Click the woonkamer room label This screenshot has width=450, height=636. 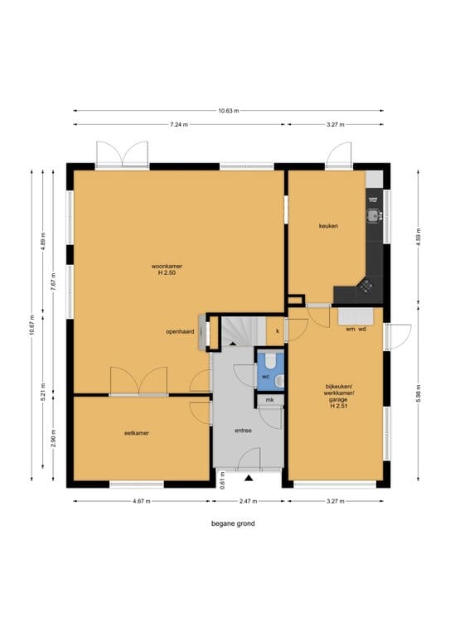pyautogui.click(x=167, y=267)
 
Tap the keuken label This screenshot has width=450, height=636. pyautogui.click(x=328, y=226)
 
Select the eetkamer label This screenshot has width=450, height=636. pyautogui.click(x=137, y=433)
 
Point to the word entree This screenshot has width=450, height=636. pyautogui.click(x=244, y=431)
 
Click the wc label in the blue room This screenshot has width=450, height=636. pyautogui.click(x=266, y=377)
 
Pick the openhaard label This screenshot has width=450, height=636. pyautogui.click(x=180, y=332)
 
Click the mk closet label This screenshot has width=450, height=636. pyautogui.click(x=270, y=400)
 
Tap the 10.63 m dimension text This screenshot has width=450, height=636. pyautogui.click(x=229, y=110)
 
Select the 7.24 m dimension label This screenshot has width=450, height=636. pyautogui.click(x=179, y=124)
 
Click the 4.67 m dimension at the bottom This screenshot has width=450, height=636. pyautogui.click(x=142, y=501)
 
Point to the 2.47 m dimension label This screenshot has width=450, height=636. pyautogui.click(x=248, y=501)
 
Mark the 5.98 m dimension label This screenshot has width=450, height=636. pyautogui.click(x=419, y=393)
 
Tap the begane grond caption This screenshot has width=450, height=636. pyautogui.click(x=233, y=523)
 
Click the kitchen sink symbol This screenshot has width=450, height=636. pyautogui.click(x=374, y=215)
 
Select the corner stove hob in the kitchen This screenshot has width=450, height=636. pyautogui.click(x=367, y=287)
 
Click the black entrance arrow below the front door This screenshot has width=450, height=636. pyautogui.click(x=249, y=479)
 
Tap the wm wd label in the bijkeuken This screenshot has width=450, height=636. pyautogui.click(x=356, y=330)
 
